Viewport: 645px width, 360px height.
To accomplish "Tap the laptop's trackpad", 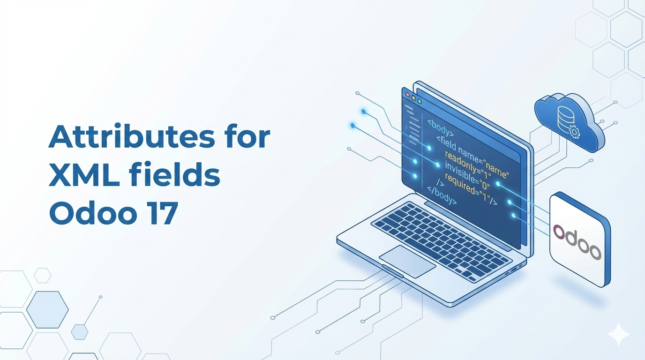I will pos(407,261).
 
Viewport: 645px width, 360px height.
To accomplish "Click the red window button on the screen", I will pos(407,95).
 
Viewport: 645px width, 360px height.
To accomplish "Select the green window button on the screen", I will pos(420,101).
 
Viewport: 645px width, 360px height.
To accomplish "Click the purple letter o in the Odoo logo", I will pos(559,231).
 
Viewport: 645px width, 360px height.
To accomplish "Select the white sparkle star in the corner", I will pos(618,334).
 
